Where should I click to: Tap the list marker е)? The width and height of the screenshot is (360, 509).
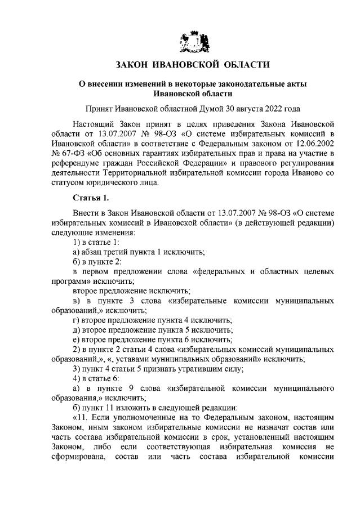coord(77,340)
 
